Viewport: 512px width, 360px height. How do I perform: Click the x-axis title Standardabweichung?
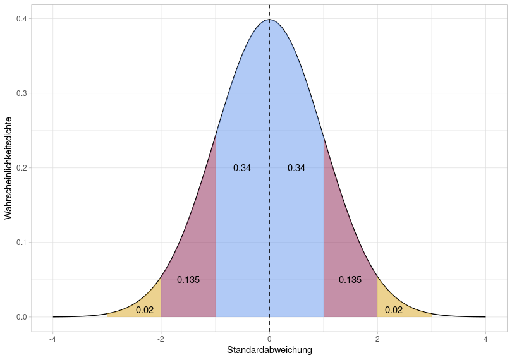tap(269, 350)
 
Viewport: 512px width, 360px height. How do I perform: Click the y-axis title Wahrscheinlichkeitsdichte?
tap(8, 168)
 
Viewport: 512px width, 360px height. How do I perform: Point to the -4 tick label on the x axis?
tap(53, 339)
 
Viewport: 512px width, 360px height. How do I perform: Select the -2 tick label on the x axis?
tap(161, 339)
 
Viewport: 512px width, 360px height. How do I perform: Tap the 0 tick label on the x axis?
tap(269, 339)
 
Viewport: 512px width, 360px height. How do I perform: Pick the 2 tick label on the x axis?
tap(377, 339)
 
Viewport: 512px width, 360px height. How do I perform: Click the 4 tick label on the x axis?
tap(485, 339)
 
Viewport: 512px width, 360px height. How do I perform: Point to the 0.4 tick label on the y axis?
tap(22, 19)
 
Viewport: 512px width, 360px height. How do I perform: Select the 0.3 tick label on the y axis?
tap(22, 93)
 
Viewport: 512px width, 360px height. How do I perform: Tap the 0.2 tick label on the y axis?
tap(22, 168)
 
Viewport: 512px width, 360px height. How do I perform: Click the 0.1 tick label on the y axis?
tap(22, 243)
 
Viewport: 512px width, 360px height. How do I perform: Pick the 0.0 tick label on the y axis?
tap(22, 317)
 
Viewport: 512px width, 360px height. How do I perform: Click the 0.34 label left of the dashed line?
tap(242, 168)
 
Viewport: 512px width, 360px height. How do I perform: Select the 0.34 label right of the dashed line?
tap(296, 168)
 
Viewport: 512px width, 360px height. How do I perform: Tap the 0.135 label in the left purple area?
tap(188, 280)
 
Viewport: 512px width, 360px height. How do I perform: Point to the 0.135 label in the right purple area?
tap(350, 280)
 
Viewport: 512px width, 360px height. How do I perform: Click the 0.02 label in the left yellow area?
tap(145, 309)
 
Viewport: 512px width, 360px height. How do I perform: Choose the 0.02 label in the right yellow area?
tap(394, 309)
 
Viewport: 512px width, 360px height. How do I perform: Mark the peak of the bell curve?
tap(269, 20)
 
